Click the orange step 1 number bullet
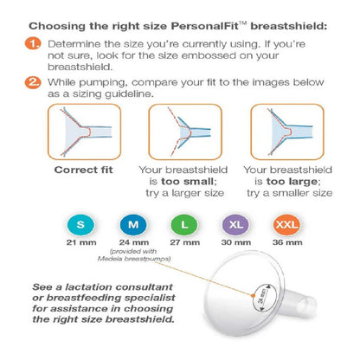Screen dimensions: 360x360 pos(33,44)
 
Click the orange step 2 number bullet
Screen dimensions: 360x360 pos(33,82)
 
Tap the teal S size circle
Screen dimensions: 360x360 pos(80,225)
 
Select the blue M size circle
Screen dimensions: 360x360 pos(133,225)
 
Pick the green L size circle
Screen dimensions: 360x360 pos(184,225)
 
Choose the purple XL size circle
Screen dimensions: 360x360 pos(235,225)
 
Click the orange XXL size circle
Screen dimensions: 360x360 pos(286,225)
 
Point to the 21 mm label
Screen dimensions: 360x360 pos(81,242)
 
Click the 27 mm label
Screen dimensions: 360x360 pos(184,242)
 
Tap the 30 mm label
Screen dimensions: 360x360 pos(236,242)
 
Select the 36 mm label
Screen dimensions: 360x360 pos(287,242)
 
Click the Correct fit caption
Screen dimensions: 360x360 pos(83,170)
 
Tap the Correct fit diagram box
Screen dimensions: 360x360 pos(84,132)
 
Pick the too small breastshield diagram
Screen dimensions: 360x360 pos(185,132)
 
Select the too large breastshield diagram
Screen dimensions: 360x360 pos(287,132)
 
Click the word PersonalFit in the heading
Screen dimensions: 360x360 pos(204,26)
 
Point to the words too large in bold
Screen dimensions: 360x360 pos(292,182)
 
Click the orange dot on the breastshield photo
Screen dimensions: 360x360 pos(253,295)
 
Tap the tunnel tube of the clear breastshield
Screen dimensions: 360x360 pos(300,301)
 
